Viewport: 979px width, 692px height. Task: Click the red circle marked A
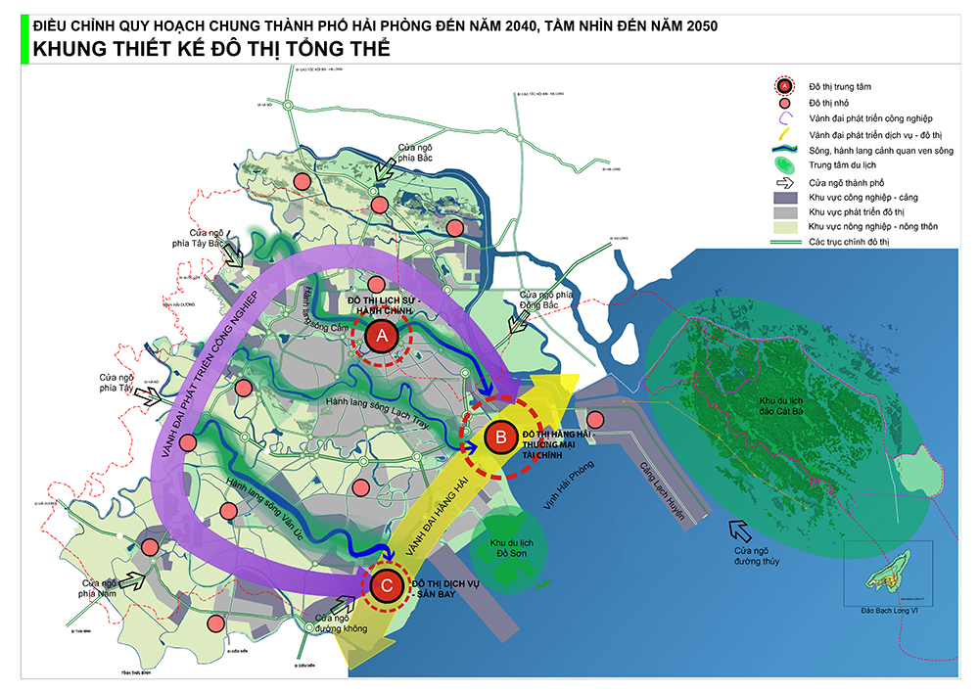point(381,336)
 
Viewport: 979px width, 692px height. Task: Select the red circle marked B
point(499,438)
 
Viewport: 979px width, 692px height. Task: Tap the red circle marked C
point(386,585)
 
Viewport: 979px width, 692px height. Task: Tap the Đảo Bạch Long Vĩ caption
point(888,610)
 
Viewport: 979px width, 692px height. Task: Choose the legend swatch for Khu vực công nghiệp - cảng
point(785,196)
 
